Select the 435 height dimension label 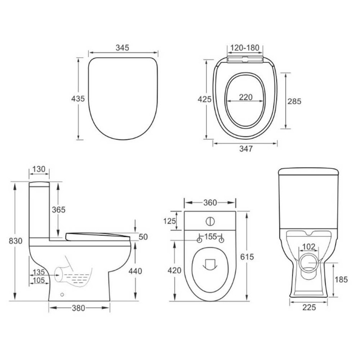pyautogui.click(x=77, y=98)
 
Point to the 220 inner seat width pyautogui.click(x=246, y=97)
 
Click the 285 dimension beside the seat pyautogui.click(x=294, y=101)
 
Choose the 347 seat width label pyautogui.click(x=246, y=149)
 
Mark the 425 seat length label pyautogui.click(x=205, y=99)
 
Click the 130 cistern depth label pyautogui.click(x=39, y=169)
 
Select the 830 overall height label pyautogui.click(x=16, y=240)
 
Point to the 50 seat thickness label pyautogui.click(x=143, y=237)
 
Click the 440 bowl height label pyautogui.click(x=135, y=270)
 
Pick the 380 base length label pyautogui.click(x=79, y=308)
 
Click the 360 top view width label pyautogui.click(x=210, y=202)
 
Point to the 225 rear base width pyautogui.click(x=308, y=307)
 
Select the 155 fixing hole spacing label pyautogui.click(x=210, y=237)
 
